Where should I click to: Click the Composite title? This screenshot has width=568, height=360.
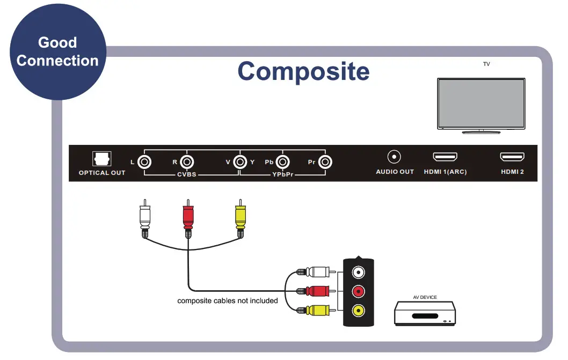tap(303, 71)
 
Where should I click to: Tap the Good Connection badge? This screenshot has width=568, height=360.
tap(57, 52)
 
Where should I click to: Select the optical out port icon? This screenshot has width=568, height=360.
tap(101, 158)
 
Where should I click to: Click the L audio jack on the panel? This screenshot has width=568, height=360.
tap(144, 161)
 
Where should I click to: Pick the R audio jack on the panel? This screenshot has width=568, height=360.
tap(187, 161)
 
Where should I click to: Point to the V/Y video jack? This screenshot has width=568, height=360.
tap(240, 161)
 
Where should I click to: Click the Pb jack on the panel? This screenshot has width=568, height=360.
tap(282, 161)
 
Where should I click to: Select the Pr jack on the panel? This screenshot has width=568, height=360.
tap(324, 161)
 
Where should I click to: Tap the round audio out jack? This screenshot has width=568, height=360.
tap(395, 157)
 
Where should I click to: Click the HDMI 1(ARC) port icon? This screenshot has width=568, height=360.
tap(445, 157)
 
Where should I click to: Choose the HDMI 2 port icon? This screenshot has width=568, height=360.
tap(512, 157)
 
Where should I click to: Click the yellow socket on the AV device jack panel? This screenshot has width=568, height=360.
tap(358, 310)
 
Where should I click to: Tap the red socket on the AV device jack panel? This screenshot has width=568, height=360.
tap(358, 291)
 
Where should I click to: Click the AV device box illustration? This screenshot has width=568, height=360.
tap(425, 313)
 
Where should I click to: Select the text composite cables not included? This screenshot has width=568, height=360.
tap(228, 300)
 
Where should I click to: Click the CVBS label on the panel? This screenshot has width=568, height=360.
tap(187, 175)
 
